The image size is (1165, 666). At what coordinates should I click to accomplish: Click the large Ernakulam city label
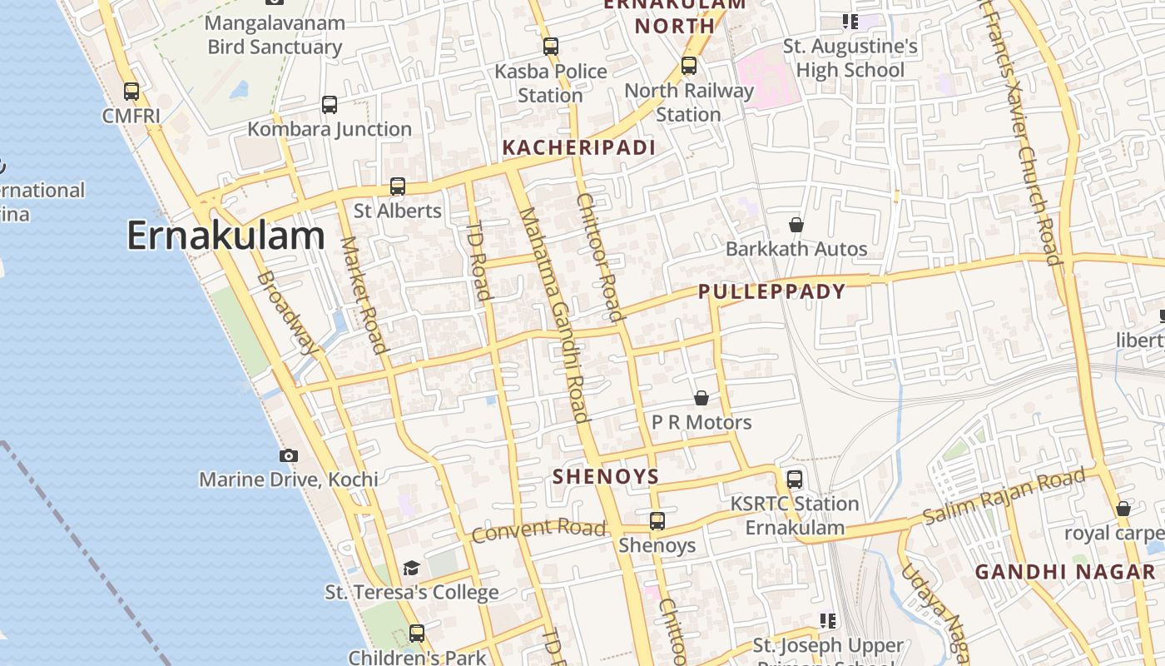pos(225,236)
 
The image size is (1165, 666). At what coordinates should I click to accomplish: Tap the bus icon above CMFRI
pos(131,91)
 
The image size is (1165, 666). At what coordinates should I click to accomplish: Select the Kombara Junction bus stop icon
pos(330,105)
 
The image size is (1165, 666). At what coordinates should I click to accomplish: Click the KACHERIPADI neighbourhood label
pos(579,148)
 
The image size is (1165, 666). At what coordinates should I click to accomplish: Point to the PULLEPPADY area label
pos(771,291)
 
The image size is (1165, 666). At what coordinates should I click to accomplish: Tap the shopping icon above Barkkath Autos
pos(796,225)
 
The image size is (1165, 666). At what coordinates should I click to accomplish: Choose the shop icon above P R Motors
pos(701,398)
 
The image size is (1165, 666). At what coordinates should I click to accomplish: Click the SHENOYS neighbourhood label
pos(606,477)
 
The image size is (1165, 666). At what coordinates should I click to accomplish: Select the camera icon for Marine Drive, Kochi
pos(289,455)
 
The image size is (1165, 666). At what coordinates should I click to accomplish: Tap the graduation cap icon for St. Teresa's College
pos(411,569)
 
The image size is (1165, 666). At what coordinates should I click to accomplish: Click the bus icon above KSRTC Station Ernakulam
pos(795,480)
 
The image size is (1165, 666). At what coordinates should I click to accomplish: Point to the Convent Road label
pos(538,529)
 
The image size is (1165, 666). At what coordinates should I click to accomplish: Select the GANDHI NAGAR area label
pos(1065,572)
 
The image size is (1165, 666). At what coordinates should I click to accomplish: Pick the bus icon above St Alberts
pos(398,186)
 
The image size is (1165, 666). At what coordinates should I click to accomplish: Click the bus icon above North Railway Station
pos(688,66)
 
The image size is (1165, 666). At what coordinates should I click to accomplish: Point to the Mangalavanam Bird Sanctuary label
pos(275,34)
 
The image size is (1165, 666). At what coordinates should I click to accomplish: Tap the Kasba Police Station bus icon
pos(551,47)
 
